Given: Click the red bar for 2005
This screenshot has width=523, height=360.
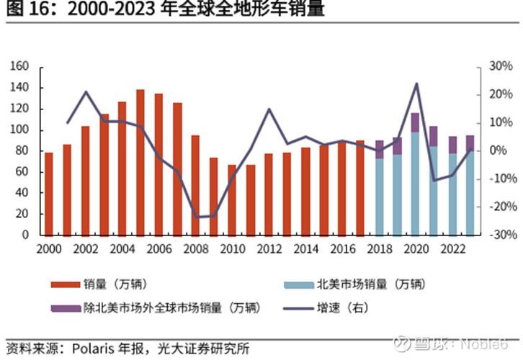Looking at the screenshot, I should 140,162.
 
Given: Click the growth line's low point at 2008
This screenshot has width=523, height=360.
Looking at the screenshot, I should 196,217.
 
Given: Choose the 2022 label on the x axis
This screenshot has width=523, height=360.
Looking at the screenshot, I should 452,249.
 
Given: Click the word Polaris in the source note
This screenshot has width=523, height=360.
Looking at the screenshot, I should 94,348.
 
